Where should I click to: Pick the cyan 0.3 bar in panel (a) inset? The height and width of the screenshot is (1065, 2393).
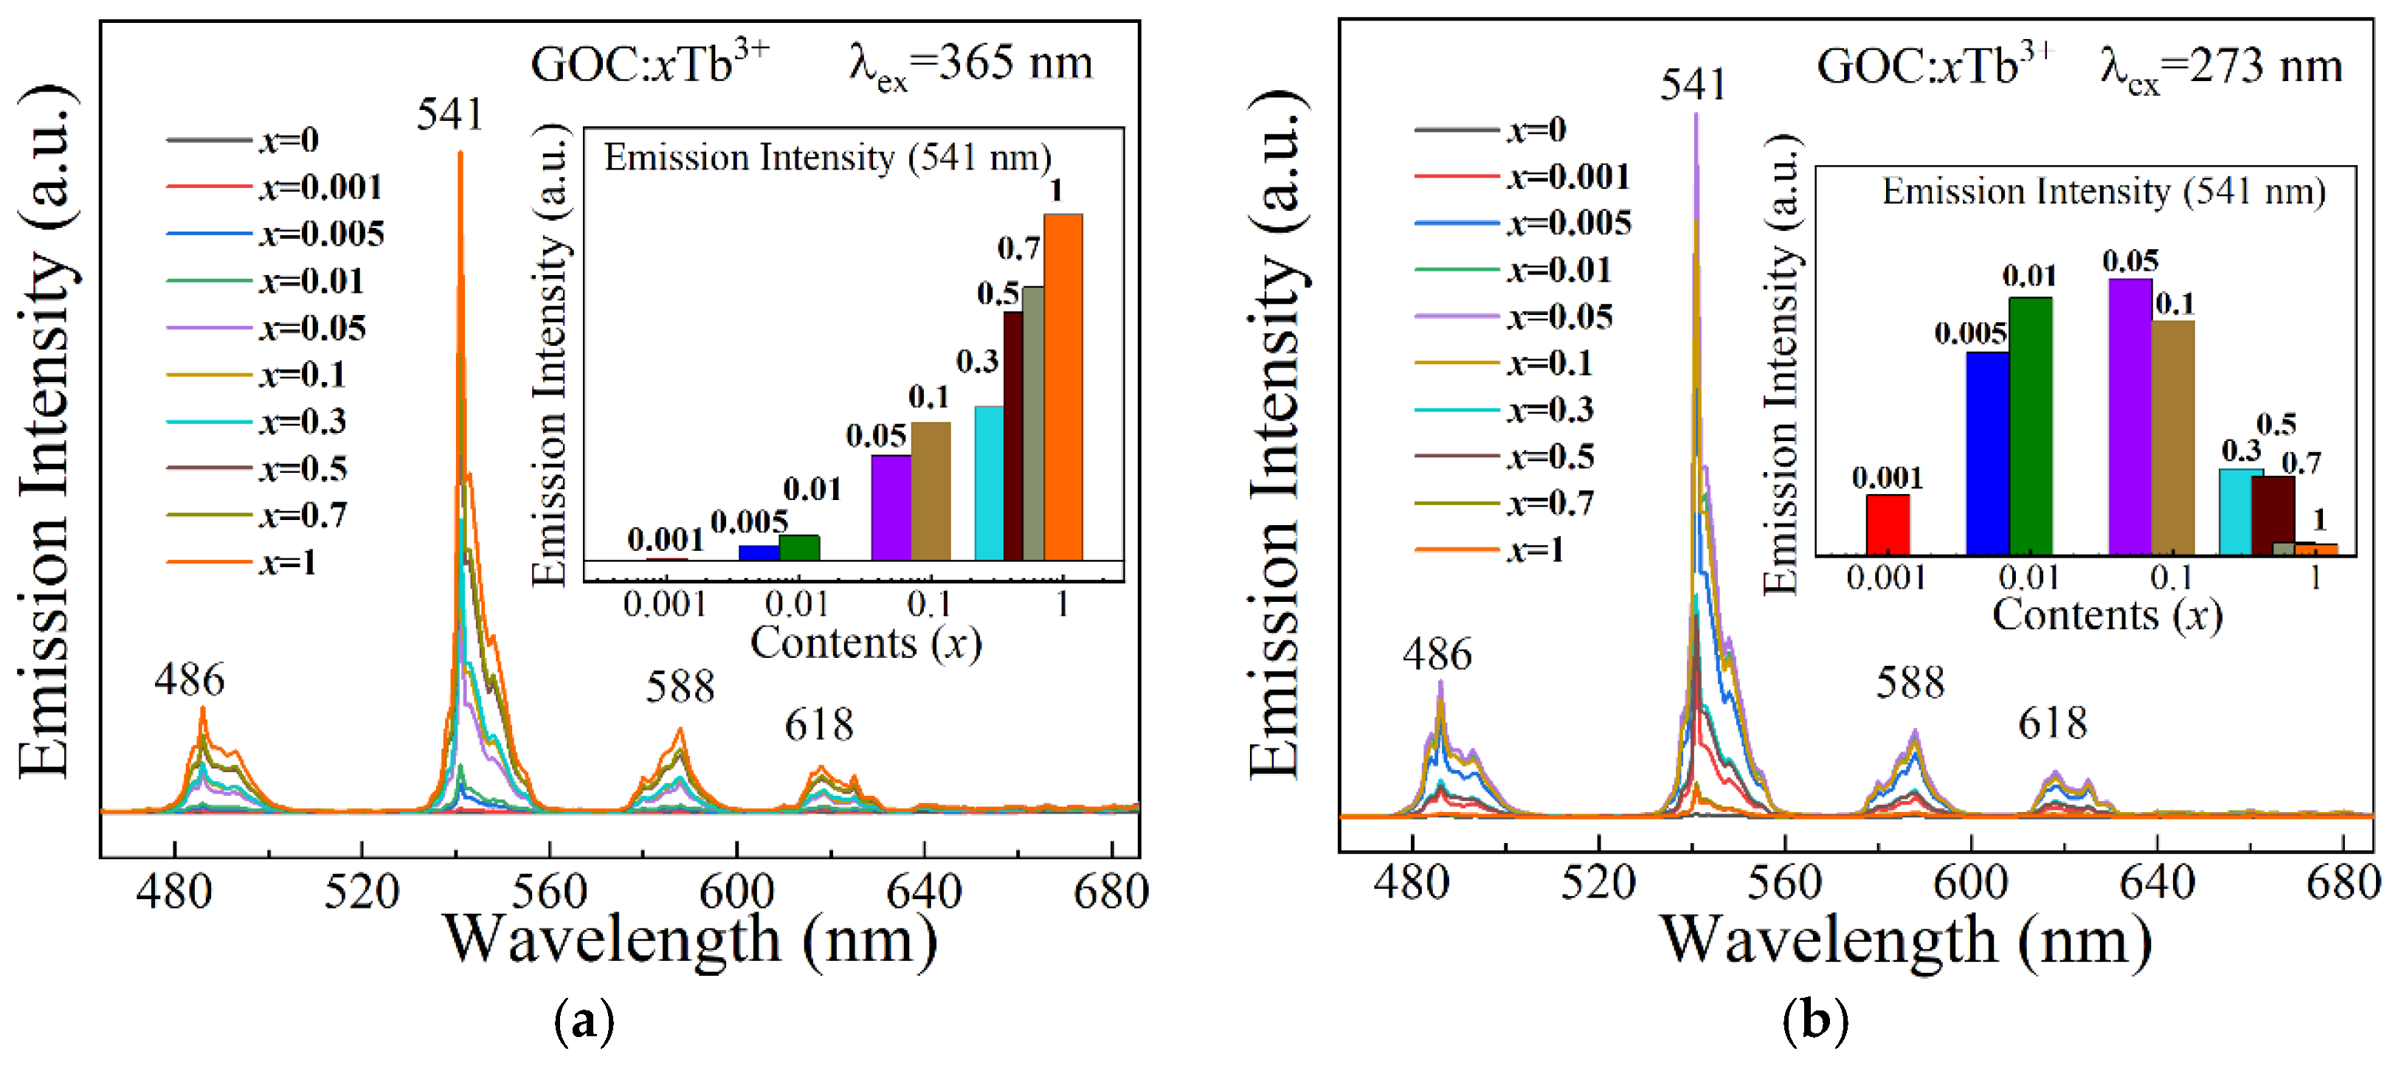989,483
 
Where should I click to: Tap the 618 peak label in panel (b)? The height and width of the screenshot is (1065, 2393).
2053,724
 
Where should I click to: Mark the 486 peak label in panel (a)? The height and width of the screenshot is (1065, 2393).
190,680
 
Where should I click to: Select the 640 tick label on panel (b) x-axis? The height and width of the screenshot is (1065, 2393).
2157,882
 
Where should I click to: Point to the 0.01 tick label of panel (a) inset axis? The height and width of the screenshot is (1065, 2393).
796,605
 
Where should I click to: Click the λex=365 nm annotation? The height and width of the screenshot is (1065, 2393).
971,65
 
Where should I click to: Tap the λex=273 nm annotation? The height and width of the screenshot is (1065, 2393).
2221,68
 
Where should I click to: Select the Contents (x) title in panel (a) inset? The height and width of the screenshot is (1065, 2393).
866,642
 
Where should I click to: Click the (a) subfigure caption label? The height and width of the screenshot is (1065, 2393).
584,1021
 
